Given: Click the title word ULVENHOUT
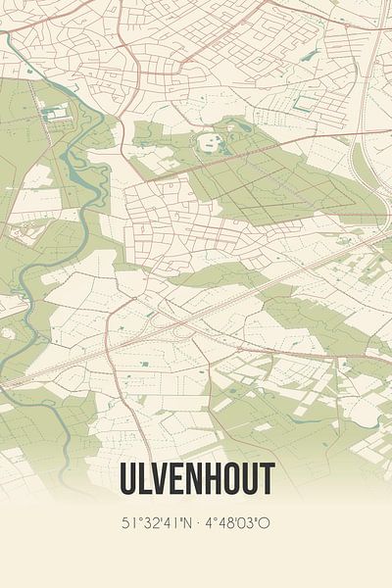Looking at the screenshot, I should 196,477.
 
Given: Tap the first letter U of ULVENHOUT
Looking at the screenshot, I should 127,477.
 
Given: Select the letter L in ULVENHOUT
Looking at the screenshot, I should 144,477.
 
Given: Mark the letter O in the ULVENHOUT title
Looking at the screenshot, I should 230,477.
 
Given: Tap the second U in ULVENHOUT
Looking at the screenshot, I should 249,477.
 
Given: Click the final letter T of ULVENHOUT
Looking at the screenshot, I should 266,477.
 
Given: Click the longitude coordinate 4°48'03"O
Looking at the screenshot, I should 235,522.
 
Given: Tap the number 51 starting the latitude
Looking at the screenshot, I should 126,522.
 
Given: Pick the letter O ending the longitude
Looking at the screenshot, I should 265,522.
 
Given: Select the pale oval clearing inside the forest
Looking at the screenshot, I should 209,143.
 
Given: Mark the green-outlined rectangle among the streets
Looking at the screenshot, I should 306,101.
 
